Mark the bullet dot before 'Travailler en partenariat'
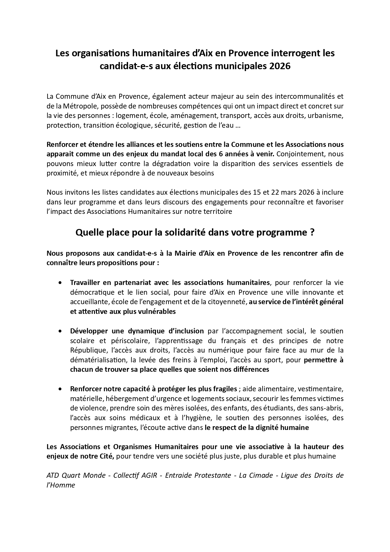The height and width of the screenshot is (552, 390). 60,282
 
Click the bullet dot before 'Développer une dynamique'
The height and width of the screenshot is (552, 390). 60,331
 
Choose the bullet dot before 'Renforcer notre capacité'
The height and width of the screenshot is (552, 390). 60,389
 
